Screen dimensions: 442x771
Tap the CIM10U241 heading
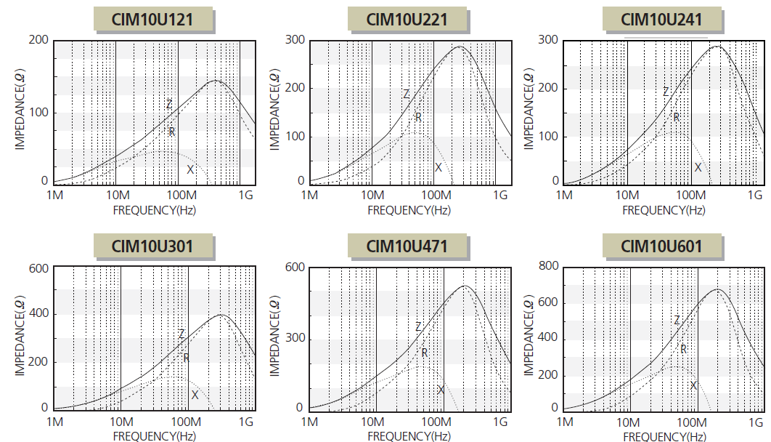pos(661,19)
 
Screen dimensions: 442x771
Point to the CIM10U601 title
pos(661,246)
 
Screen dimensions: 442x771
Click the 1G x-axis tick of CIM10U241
pos(755,195)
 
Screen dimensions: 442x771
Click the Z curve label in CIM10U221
pos(406,95)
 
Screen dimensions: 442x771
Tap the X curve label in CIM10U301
pos(195,395)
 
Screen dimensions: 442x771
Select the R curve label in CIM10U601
pos(683,349)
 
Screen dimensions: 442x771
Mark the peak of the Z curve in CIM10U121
pos(215,81)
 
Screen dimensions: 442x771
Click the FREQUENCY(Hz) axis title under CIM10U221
pos(409,210)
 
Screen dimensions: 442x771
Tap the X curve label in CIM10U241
pos(698,167)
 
